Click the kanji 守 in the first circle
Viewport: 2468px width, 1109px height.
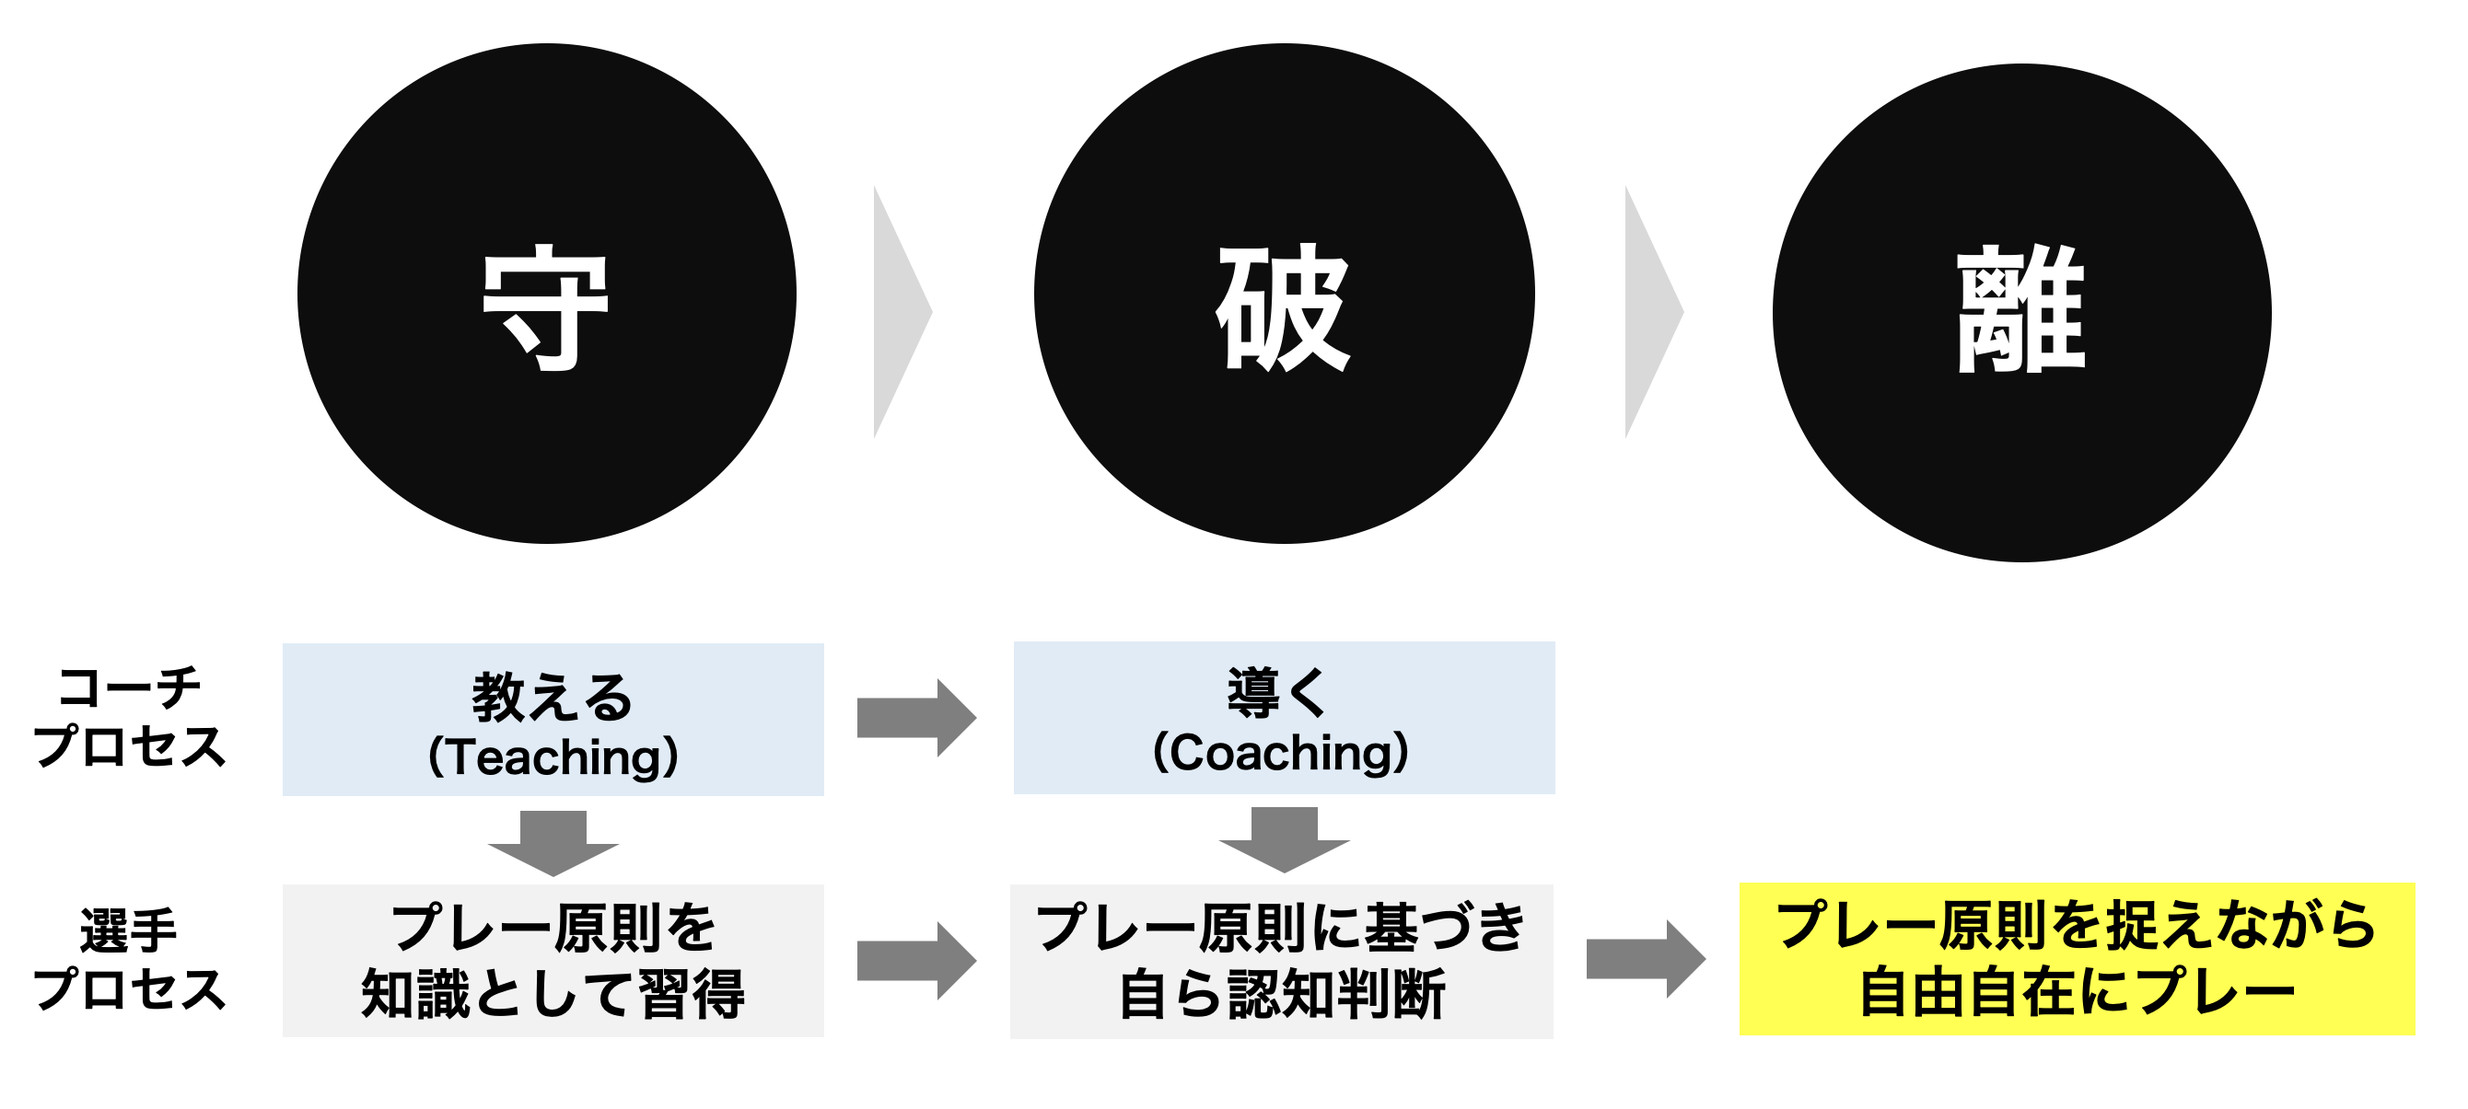point(546,307)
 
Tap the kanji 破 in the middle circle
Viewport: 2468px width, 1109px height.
point(1284,307)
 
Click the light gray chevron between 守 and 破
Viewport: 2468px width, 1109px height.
point(902,312)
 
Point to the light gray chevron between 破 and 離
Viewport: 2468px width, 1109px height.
point(1655,312)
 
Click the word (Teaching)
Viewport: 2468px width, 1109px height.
point(553,757)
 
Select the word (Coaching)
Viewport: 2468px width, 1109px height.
point(1281,753)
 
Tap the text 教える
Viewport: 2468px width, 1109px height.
point(553,698)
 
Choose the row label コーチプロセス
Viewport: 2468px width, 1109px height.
point(129,716)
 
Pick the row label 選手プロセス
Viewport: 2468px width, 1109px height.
point(129,959)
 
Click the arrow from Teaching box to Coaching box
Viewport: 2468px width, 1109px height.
point(917,718)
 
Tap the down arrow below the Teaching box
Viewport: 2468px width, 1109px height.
point(553,843)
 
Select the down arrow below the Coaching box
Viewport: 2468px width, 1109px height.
point(1284,840)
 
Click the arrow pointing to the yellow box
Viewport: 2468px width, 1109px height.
point(1646,959)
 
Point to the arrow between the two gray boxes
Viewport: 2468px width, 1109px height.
point(917,961)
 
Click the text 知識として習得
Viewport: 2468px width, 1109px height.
point(553,994)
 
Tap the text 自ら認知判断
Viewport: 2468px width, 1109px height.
point(1282,994)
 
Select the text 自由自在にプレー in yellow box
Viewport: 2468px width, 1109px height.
point(2078,992)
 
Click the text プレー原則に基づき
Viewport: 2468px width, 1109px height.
point(1281,927)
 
